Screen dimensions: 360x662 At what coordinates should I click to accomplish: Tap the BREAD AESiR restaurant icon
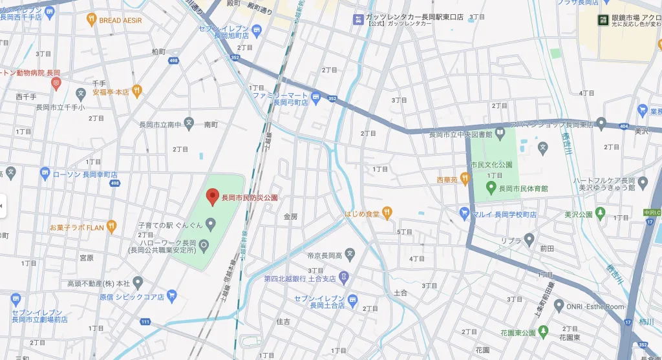pos(91,20)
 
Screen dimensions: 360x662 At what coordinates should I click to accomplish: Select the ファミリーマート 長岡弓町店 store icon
pos(316,98)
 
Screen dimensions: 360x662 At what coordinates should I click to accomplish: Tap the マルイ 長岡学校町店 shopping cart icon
pos(464,213)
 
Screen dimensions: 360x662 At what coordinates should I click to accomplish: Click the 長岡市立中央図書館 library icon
pos(500,134)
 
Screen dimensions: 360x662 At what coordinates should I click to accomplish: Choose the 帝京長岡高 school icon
pos(350,254)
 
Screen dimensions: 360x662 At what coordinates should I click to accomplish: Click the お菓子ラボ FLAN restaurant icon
pos(112,226)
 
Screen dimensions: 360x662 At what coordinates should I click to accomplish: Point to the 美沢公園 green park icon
pos(600,213)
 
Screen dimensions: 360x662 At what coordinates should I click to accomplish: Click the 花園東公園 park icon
pos(544,332)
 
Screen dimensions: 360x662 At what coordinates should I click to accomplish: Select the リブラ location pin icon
pos(529,240)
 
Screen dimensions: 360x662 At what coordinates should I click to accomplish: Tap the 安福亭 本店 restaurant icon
pos(136,90)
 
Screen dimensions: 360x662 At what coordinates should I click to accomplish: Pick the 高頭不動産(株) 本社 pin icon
pos(138,282)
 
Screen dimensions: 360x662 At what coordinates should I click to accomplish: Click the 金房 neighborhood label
pos(290,217)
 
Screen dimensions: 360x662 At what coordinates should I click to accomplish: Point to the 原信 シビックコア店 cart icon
pos(171,296)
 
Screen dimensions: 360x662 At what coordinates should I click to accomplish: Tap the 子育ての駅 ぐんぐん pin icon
pos(210,224)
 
